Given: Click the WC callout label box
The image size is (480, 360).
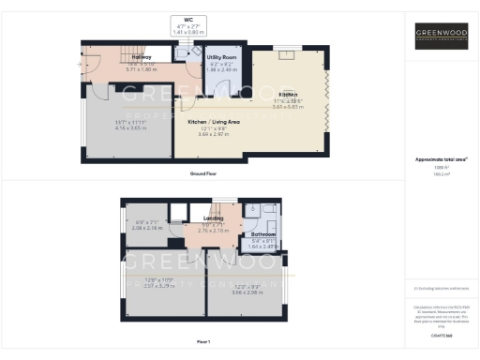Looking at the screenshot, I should pos(188,26).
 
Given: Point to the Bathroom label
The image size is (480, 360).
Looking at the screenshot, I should pos(263,233).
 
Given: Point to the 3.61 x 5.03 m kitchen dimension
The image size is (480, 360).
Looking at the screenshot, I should pos(290,108).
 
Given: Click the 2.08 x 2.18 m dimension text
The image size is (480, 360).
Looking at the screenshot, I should pos(149,228).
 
